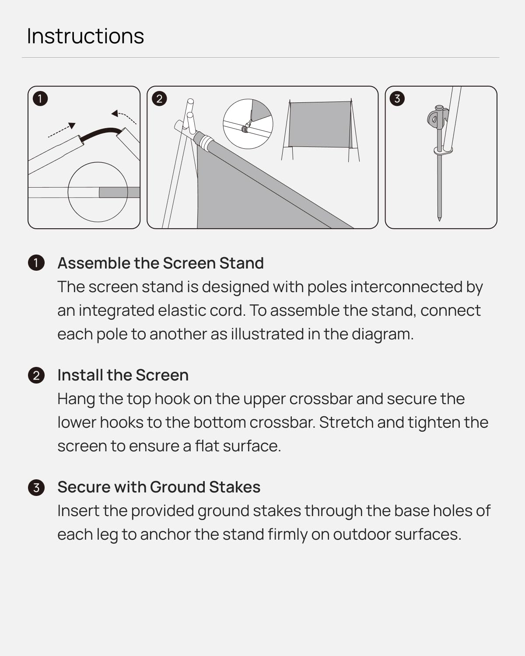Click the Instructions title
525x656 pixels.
coord(85,36)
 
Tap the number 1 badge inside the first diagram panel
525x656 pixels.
coord(40,98)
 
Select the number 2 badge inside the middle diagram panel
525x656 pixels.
coord(159,98)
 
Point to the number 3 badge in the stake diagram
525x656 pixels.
coord(397,98)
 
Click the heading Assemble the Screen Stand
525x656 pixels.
coord(161,263)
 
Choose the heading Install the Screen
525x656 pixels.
coord(123,375)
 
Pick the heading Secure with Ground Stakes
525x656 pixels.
coord(159,487)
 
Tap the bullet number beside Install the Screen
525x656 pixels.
coord(36,375)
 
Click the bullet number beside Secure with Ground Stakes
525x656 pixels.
coord(36,487)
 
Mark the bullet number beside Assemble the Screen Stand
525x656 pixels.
coord(36,263)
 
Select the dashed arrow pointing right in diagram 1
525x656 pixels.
coord(62,131)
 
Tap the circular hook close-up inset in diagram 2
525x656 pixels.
coord(248,124)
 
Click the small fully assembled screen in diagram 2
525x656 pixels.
coord(320,125)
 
